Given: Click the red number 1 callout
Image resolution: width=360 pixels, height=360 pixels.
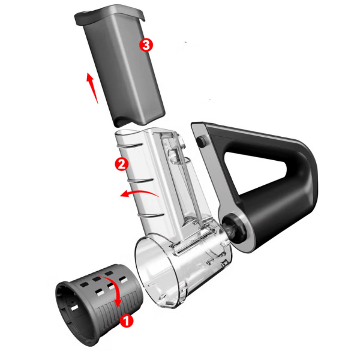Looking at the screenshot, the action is click(127, 320).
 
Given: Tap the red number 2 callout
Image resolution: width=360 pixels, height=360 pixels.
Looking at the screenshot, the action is click(122, 164).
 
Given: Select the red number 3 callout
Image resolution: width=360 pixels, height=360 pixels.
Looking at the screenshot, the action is click(146, 45).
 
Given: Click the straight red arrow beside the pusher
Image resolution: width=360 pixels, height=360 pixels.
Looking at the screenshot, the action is click(92, 88).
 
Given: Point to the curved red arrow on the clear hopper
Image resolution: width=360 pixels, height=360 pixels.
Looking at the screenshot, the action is click(139, 193).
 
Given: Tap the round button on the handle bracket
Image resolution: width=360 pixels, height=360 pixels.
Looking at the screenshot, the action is click(201, 140).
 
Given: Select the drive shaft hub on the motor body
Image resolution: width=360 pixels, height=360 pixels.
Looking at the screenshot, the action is click(232, 227).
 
